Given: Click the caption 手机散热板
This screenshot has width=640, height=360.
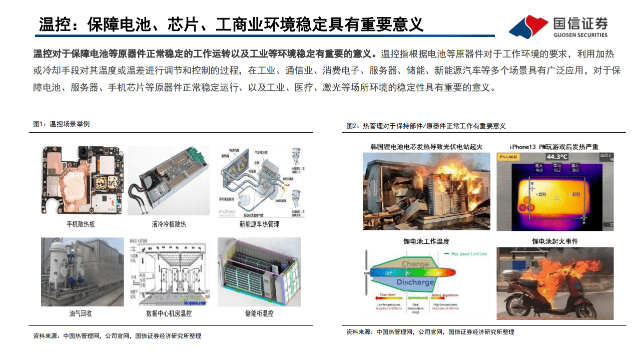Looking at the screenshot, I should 80,224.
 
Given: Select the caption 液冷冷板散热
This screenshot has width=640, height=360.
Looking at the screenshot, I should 169,224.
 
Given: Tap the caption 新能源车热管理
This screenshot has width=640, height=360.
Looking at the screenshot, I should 259,224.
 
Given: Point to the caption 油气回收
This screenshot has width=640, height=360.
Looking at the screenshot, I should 81,313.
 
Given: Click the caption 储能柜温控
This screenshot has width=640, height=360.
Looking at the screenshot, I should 259,313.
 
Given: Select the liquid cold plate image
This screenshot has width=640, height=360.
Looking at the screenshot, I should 169,181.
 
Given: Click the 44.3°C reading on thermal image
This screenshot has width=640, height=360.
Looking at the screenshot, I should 554,157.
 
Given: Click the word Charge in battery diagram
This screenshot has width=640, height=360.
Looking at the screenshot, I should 415,263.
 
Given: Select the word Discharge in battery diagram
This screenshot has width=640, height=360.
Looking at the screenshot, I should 415,282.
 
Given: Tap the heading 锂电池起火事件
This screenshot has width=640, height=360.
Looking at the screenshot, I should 554,241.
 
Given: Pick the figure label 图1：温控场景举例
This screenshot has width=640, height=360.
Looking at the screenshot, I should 61,124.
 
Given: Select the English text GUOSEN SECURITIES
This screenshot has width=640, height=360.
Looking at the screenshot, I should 580,35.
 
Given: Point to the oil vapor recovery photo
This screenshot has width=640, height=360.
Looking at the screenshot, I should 82,272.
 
